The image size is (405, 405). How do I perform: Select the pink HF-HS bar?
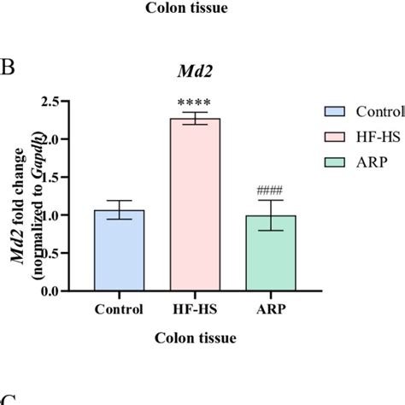tap(195, 205)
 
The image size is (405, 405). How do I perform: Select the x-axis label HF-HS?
tap(196, 310)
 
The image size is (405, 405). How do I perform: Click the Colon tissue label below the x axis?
tap(196, 337)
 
